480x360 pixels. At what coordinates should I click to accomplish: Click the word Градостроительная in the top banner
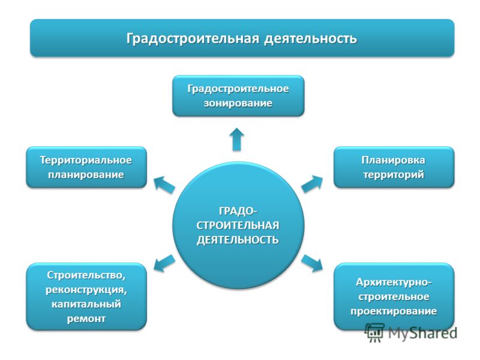[x=193, y=39]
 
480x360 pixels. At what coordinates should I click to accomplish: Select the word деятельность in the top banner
[x=311, y=39]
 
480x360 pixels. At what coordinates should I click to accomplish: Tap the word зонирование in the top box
[x=238, y=103]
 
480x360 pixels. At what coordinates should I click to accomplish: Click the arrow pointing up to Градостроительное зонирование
[x=236, y=139]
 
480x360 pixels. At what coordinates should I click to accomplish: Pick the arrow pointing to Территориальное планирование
[x=164, y=185]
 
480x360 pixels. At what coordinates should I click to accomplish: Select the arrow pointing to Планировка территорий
[x=312, y=184]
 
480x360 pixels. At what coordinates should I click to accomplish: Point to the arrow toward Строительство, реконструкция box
[x=164, y=263]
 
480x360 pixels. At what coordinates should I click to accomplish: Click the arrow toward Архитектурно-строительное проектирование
[x=312, y=263]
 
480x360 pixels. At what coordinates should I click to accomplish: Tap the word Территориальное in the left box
[x=86, y=160]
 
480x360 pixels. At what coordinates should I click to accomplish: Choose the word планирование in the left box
[x=86, y=175]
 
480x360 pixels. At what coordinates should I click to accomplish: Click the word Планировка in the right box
[x=394, y=160]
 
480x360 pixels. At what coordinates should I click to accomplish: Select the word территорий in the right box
[x=394, y=175]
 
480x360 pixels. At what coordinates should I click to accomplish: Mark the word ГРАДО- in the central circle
[x=238, y=211]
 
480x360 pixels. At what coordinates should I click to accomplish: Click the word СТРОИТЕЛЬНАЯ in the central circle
[x=238, y=226]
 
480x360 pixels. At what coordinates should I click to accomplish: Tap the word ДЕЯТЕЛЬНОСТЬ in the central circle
[x=238, y=240]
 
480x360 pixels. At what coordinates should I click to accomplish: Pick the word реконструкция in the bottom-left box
[x=86, y=290]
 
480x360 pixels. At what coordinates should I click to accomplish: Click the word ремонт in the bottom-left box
[x=86, y=319]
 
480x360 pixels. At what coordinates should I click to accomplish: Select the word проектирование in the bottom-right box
[x=394, y=311]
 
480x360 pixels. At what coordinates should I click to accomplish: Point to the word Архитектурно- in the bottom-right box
[x=394, y=282]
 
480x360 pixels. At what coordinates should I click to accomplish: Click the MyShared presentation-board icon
[x=374, y=332]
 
